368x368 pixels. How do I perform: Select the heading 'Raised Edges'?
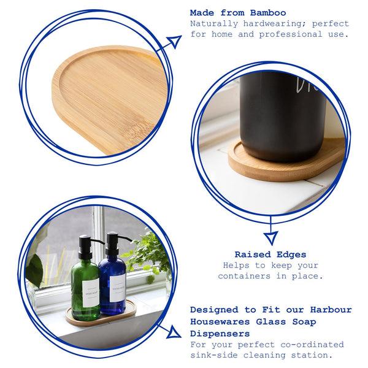click(x=270, y=253)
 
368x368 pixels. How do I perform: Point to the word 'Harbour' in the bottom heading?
click(x=326, y=310)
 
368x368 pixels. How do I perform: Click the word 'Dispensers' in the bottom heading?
click(x=220, y=334)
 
